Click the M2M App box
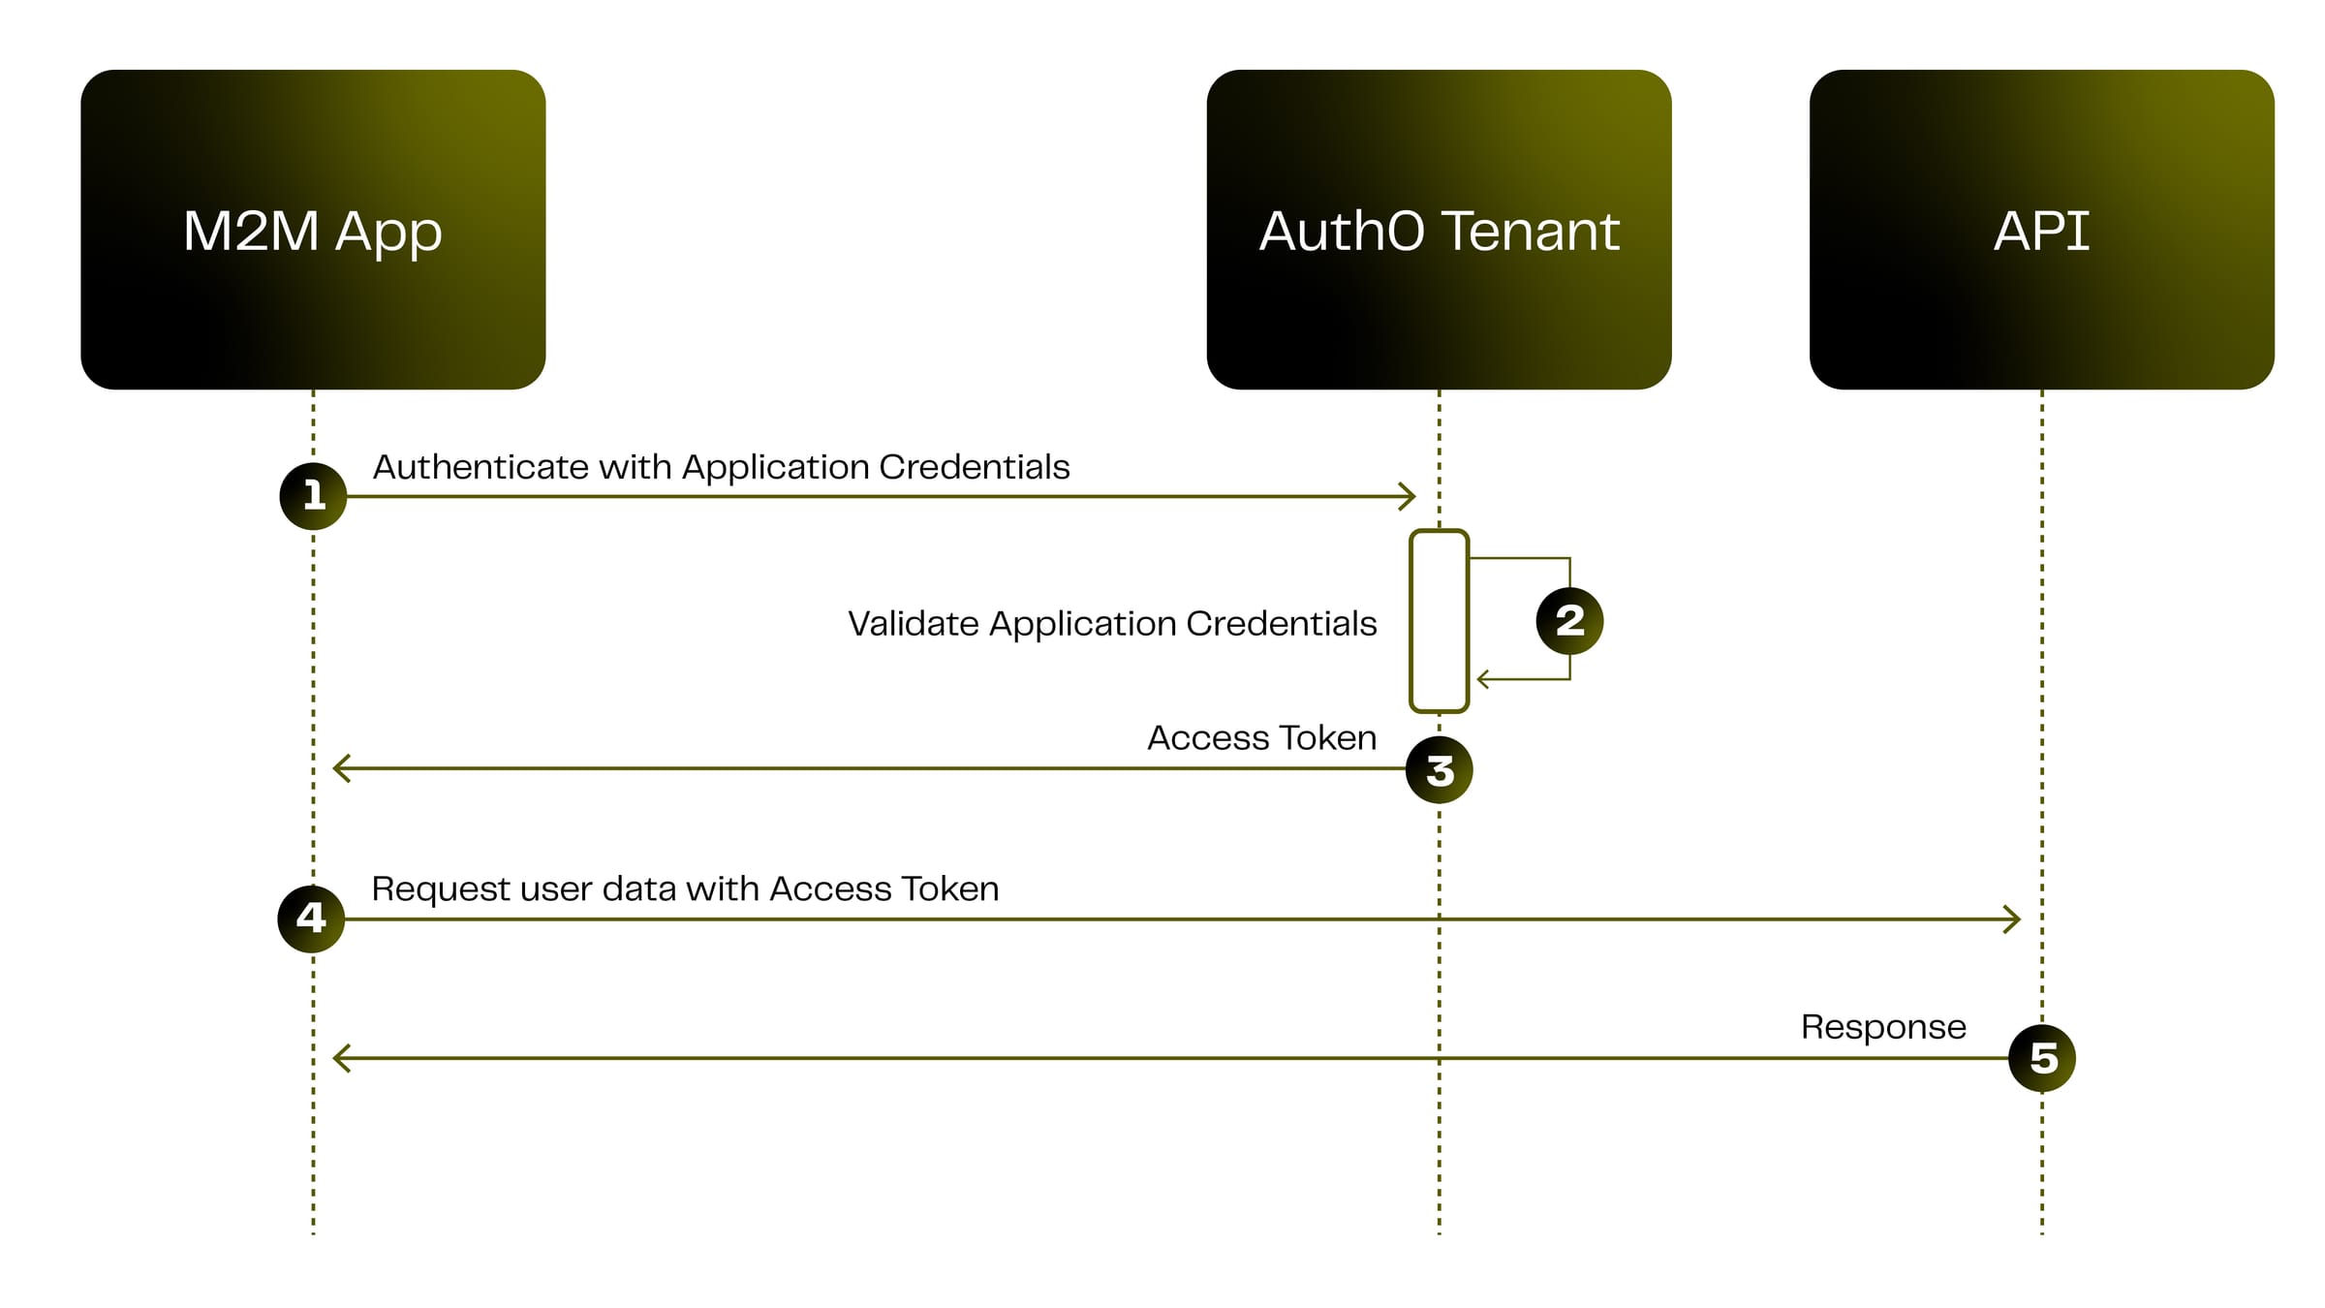(x=313, y=230)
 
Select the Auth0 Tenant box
(x=1439, y=230)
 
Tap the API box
(x=2041, y=230)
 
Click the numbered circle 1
(x=313, y=496)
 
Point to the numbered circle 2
(x=1569, y=620)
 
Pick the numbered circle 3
(x=1439, y=770)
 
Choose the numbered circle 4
(x=311, y=919)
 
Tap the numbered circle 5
(x=2042, y=1058)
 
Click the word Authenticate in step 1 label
(x=480, y=468)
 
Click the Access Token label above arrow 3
(x=1261, y=738)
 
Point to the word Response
(x=1882, y=1027)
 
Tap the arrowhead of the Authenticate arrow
(x=1409, y=496)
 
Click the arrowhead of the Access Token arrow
(x=340, y=768)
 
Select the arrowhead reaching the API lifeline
(x=2013, y=919)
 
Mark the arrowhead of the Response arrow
(x=340, y=1058)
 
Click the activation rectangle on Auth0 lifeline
(x=1439, y=620)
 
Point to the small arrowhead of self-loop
(x=1482, y=679)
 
